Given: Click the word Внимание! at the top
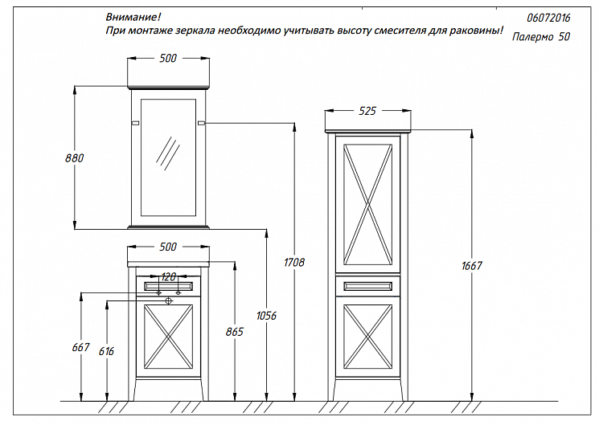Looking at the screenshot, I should click(x=133, y=16).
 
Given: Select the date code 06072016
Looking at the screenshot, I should click(x=549, y=16).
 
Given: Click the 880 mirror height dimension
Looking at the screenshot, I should click(x=74, y=157).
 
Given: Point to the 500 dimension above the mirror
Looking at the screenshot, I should click(x=168, y=58).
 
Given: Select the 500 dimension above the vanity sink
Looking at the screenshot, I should click(x=168, y=246).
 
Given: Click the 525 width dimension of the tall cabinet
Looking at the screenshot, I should click(x=367, y=111).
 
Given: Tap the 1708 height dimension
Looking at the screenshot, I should click(x=294, y=262).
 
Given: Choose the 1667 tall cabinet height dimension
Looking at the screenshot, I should click(x=470, y=266).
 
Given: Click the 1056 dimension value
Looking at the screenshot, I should click(x=266, y=316).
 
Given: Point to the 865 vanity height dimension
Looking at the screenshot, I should click(x=234, y=331).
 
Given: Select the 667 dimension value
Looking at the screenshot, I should click(x=81, y=347).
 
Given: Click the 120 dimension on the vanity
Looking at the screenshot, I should click(x=168, y=276).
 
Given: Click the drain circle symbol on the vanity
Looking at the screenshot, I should click(x=169, y=300).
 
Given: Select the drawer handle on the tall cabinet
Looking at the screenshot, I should click(x=367, y=284).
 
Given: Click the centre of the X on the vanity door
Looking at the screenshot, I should click(x=168, y=340).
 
